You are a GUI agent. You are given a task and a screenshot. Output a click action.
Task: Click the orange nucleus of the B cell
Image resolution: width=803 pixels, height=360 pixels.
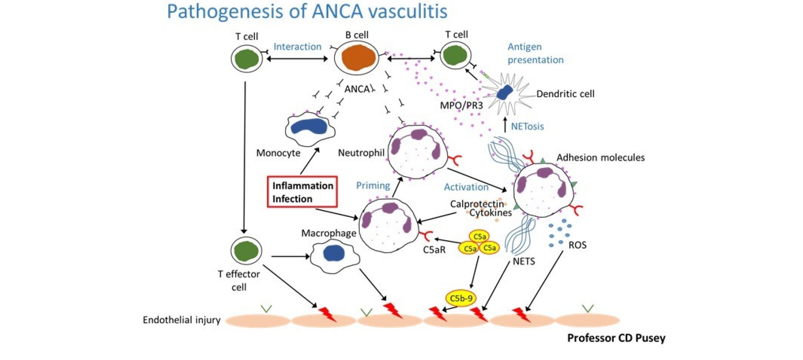tap(358, 58)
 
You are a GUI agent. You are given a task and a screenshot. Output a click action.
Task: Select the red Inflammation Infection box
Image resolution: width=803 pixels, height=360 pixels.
tap(302, 192)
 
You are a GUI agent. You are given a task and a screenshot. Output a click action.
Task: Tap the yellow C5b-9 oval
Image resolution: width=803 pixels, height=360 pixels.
tap(461, 298)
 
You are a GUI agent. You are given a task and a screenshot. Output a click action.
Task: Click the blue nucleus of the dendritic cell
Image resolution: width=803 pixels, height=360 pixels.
tap(505, 92)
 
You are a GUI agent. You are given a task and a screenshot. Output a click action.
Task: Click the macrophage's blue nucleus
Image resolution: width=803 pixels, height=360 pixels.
tap(334, 253)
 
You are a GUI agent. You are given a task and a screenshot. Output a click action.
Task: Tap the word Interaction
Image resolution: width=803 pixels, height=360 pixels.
tap(297, 47)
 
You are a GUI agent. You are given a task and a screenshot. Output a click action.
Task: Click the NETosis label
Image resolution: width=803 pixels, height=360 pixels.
tap(527, 126)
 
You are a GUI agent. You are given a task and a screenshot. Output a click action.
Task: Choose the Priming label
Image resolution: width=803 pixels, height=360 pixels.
tap(373, 185)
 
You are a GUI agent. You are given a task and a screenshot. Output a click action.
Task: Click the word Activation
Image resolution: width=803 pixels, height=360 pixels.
tap(466, 187)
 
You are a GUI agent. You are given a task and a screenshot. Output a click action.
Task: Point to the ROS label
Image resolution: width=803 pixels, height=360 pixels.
tap(577, 245)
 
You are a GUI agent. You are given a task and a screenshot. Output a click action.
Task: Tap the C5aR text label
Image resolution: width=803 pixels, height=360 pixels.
tap(434, 250)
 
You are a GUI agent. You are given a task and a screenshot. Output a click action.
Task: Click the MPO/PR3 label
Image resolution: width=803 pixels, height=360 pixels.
tap(461, 105)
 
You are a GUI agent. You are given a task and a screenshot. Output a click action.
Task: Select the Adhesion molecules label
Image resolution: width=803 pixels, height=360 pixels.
tap(600, 158)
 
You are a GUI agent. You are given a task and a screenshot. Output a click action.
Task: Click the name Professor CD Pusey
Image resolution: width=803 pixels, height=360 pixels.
tap(616, 338)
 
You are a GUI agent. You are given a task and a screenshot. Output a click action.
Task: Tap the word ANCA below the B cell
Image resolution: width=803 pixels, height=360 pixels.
tap(357, 89)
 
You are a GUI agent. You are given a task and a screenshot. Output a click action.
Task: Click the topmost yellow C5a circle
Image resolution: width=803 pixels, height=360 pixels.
tap(479, 237)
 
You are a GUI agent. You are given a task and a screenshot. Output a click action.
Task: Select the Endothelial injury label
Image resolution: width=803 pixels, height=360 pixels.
tap(181, 320)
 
